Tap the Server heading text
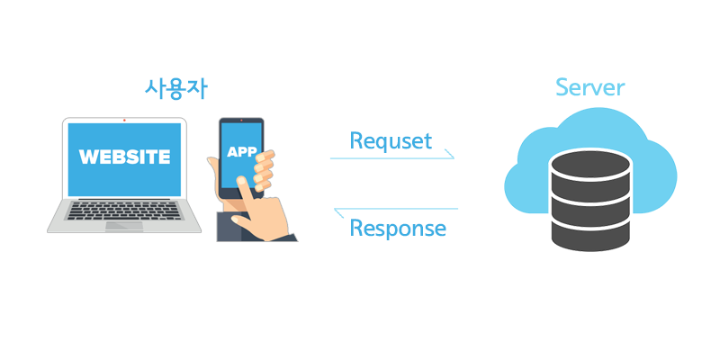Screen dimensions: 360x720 [590, 87]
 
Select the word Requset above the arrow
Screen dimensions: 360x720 [391, 140]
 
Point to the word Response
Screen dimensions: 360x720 [397, 228]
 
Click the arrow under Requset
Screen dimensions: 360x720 [392, 158]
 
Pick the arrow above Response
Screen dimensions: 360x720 [396, 210]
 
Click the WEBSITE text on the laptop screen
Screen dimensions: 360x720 [124, 157]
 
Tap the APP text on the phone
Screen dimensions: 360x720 [241, 151]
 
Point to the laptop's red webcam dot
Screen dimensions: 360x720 [124, 120]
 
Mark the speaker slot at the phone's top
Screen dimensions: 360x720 [241, 123]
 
